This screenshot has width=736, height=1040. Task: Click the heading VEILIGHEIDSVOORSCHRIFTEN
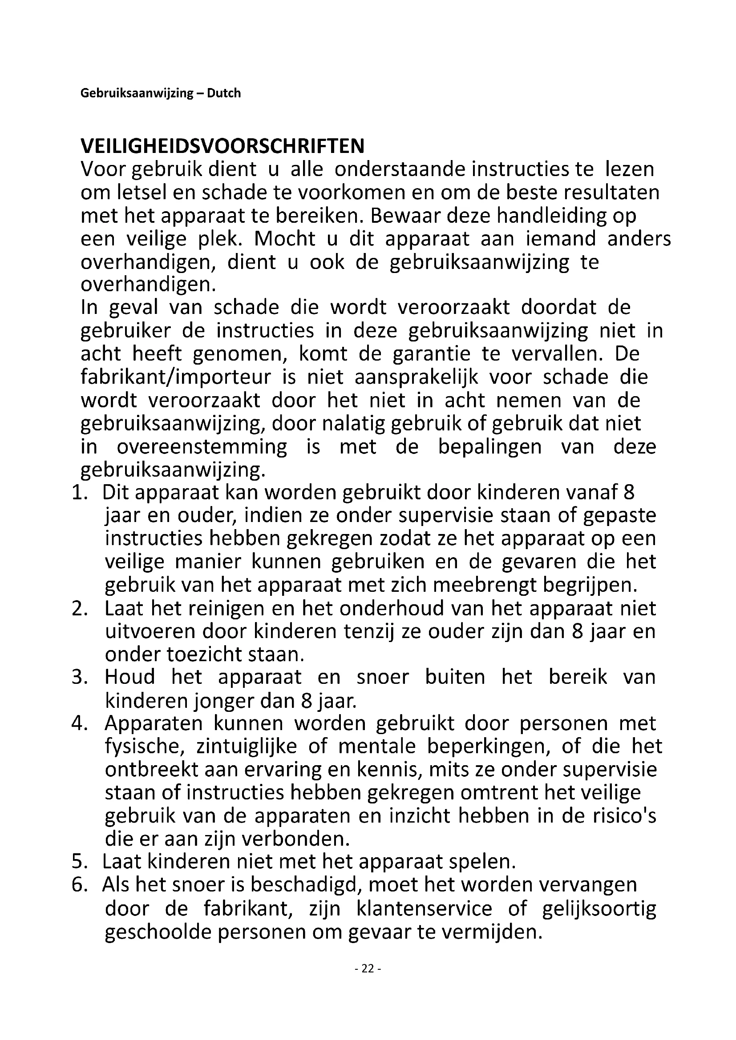pyautogui.click(x=222, y=146)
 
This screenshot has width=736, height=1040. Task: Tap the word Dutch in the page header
pyautogui.click(x=224, y=93)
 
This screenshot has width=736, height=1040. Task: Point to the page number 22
pyautogui.click(x=368, y=968)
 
